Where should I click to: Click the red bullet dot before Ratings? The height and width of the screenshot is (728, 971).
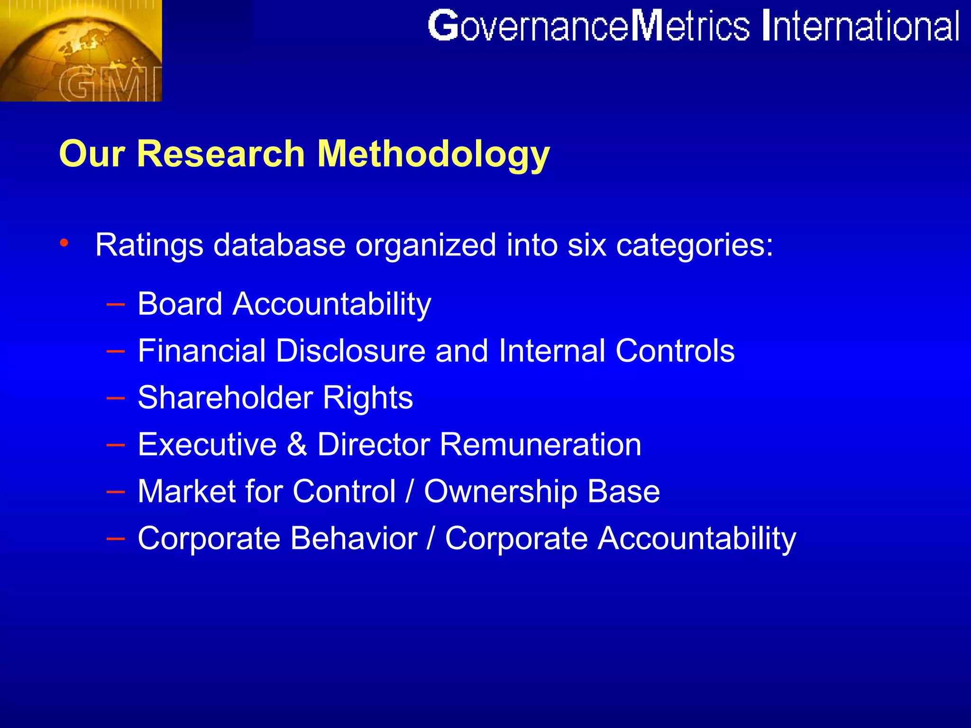[64, 243]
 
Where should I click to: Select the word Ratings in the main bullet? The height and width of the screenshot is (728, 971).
[149, 245]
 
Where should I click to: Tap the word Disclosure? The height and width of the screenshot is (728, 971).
[351, 351]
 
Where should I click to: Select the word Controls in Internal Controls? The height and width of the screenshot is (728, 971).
[675, 351]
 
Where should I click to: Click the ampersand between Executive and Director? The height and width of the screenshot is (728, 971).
[297, 445]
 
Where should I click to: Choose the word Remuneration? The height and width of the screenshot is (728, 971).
[540, 445]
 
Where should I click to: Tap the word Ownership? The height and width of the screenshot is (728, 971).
[500, 491]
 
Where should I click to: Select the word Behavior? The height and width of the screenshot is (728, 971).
[354, 538]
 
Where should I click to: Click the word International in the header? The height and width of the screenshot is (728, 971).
[861, 27]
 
